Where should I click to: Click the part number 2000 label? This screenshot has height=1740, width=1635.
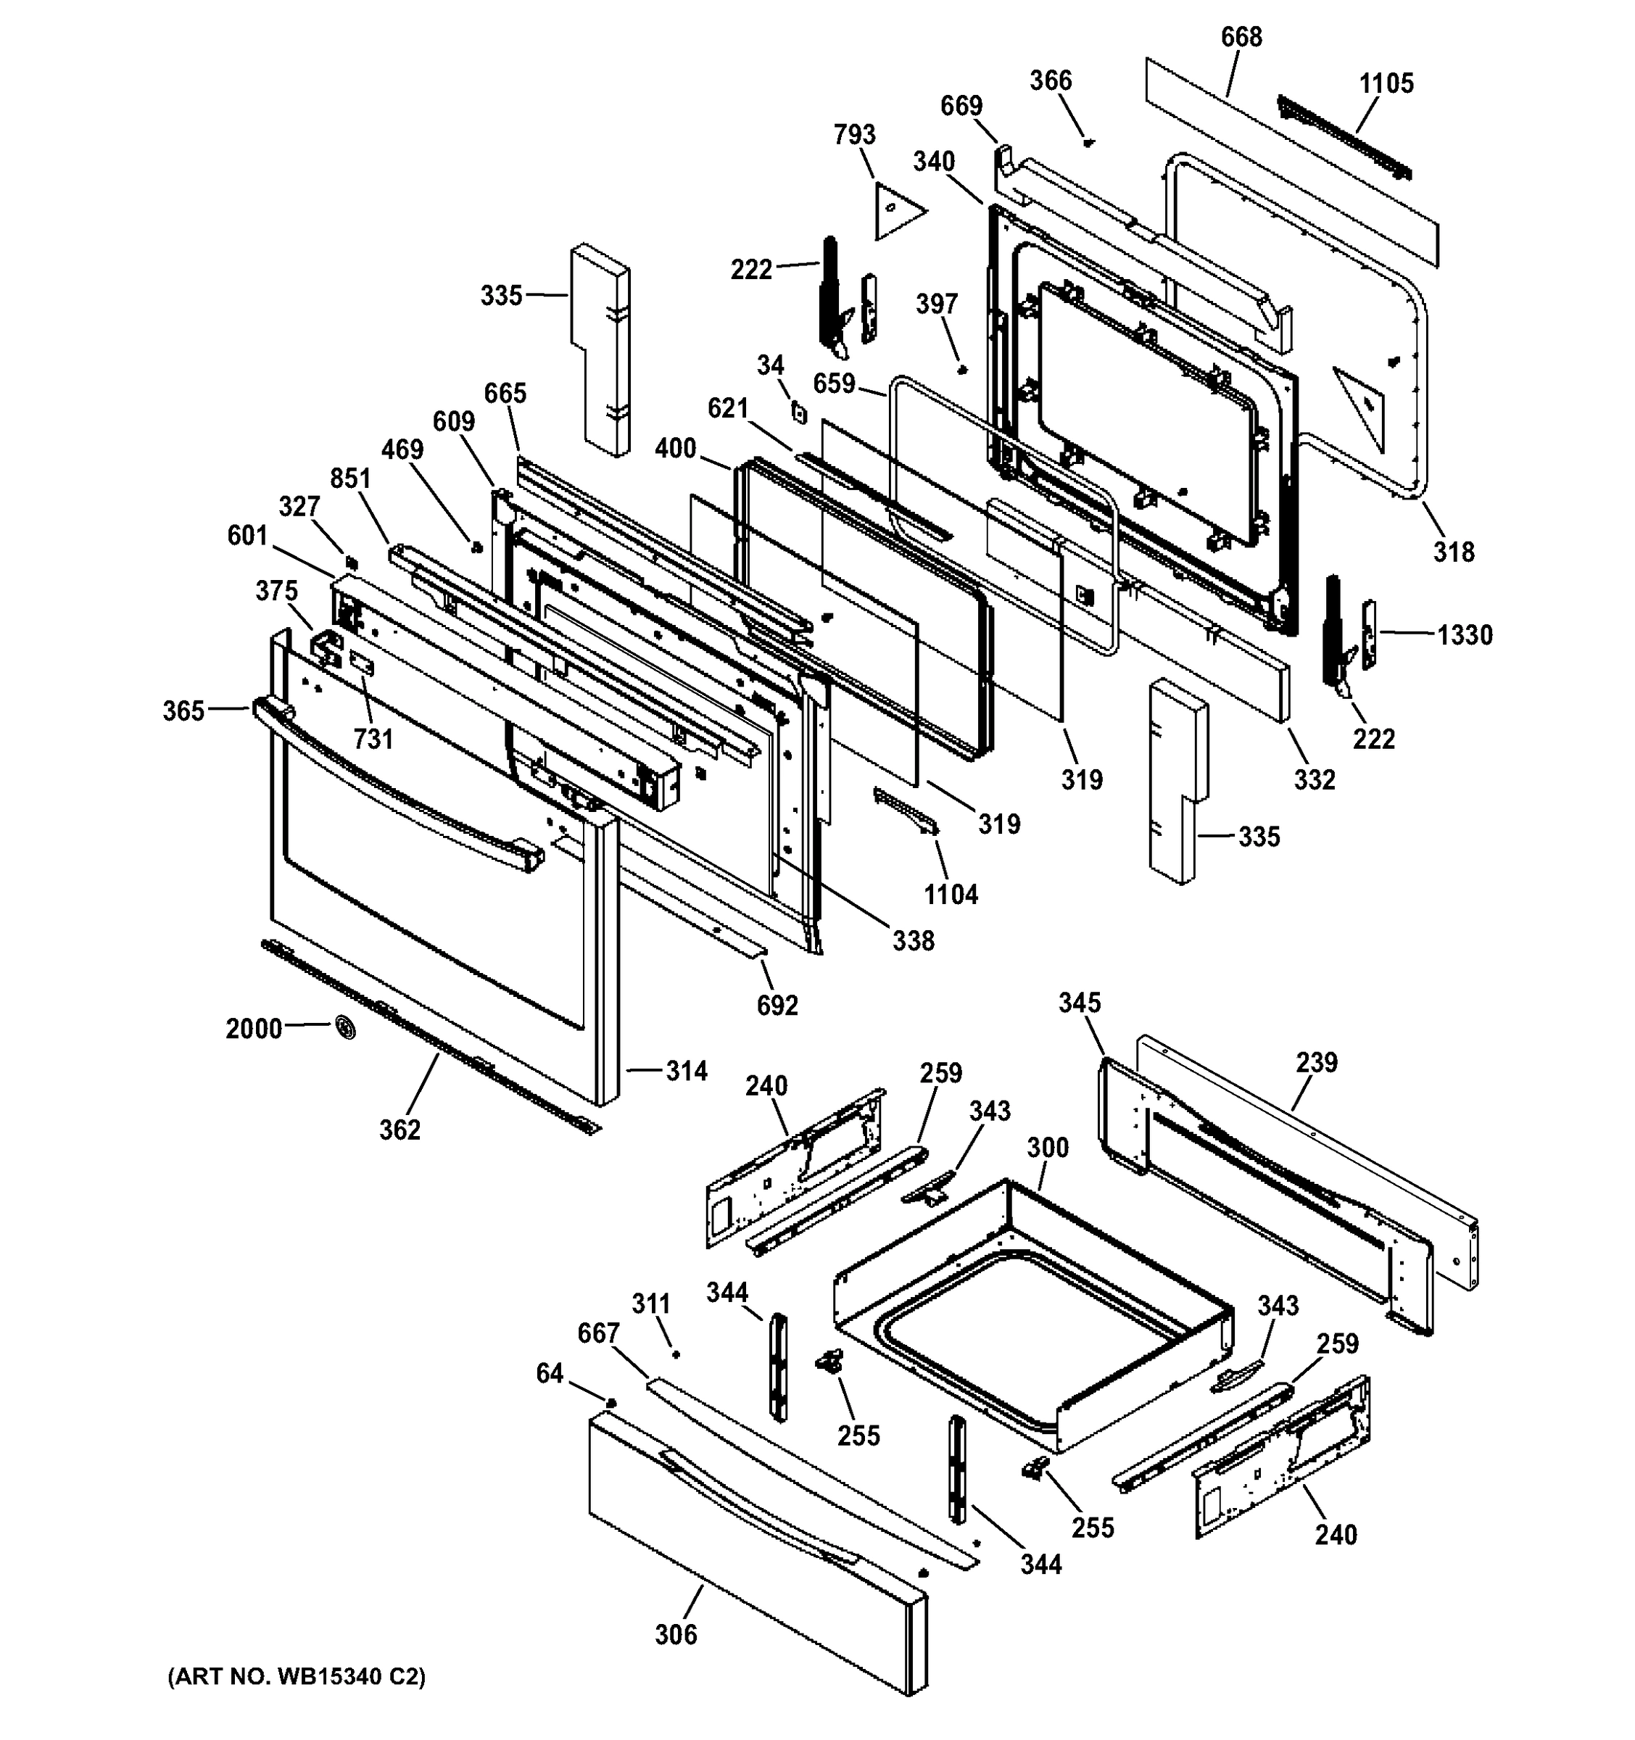point(254,1029)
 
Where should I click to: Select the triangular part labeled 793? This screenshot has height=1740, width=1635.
point(896,210)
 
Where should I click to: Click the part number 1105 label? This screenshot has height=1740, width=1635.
point(1386,83)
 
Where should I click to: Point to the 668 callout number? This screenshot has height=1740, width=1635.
point(1241,37)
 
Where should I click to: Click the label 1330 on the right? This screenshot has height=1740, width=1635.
point(1465,634)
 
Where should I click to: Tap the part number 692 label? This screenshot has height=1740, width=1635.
point(777,1006)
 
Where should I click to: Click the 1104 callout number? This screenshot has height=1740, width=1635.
point(951,895)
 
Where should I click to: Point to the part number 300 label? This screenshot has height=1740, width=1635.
point(1048,1146)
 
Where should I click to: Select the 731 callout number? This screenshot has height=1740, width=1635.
point(373,739)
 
